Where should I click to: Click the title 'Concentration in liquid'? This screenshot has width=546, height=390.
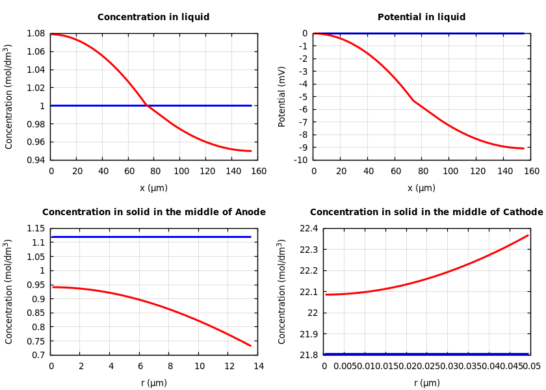pos(153,18)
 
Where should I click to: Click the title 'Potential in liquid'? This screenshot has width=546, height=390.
pos(421,18)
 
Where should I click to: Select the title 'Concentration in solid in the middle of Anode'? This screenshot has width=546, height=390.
pos(153,213)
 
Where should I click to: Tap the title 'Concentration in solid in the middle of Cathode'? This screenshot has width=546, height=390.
pos(426,213)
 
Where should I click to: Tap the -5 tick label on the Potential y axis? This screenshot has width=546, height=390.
pos(302,97)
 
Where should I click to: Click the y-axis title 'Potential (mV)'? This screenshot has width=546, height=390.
pos(282,96)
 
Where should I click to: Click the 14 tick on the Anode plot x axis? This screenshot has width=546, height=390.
pos(258,367)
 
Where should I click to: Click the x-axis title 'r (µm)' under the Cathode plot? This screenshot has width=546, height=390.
pos(426,383)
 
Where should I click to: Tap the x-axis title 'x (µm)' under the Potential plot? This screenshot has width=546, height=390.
pos(421,188)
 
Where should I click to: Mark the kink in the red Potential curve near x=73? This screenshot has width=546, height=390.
pos(413,100)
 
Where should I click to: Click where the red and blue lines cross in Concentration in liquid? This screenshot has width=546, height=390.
pos(146,105)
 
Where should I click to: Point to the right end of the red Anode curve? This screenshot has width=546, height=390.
pos(251,346)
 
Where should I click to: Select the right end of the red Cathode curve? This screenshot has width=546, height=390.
pos(528,235)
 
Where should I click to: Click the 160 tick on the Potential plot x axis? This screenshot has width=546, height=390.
pos(531,172)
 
